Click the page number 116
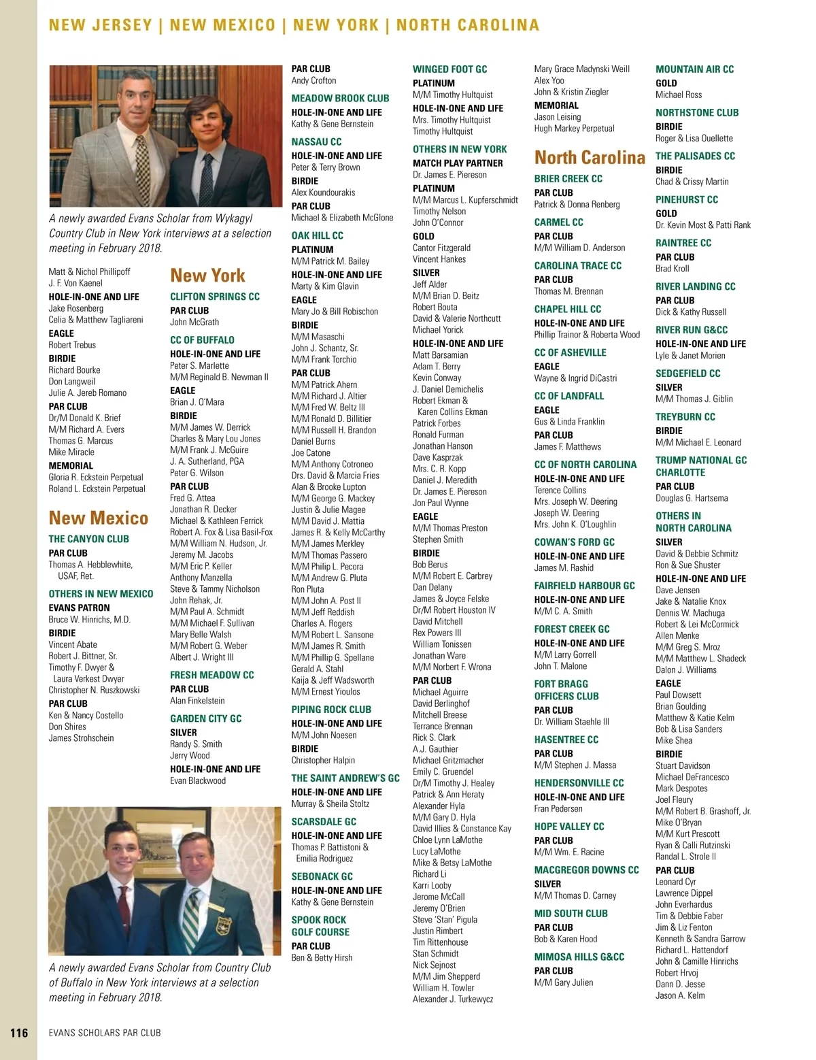pyautogui.click(x=19, y=1032)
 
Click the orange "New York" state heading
pyautogui.click(x=207, y=276)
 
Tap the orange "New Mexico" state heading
pyautogui.click(x=98, y=518)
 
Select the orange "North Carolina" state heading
pyautogui.click(x=589, y=158)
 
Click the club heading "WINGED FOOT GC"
pyautogui.click(x=449, y=69)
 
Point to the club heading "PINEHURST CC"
pyautogui.click(x=686, y=199)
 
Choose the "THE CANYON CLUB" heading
pyautogui.click(x=88, y=539)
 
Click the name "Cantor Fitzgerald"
pyautogui.click(x=441, y=248)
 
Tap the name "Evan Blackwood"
pyautogui.click(x=198, y=780)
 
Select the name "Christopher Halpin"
pyautogui.click(x=323, y=760)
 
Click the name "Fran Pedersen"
pyautogui.click(x=558, y=809)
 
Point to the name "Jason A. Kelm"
pyautogui.click(x=680, y=995)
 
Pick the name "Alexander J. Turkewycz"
pyautogui.click(x=453, y=999)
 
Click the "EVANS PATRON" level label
pyautogui.click(x=79, y=608)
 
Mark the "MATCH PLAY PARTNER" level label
pyautogui.click(x=458, y=163)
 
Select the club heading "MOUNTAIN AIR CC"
pyautogui.click(x=694, y=69)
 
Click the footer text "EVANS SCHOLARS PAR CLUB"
pyautogui.click(x=105, y=1033)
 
